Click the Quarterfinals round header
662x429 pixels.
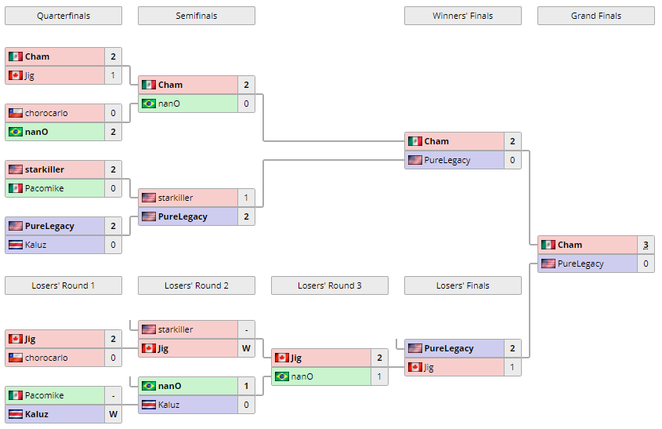pos(63,16)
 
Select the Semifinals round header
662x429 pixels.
pos(196,16)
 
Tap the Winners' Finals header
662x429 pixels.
pos(462,16)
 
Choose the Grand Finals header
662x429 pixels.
pos(595,16)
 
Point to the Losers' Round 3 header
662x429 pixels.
pos(329,285)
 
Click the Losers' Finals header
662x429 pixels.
pos(462,285)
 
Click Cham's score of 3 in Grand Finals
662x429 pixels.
pos(646,245)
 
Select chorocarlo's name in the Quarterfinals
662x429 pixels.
pos(46,113)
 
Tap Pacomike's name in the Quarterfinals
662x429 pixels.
pos(45,188)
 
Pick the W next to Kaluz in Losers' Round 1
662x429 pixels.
pos(113,414)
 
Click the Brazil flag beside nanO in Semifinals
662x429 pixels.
pos(148,104)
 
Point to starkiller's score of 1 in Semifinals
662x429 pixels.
pos(246,198)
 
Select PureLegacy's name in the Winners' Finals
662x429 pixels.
pos(447,160)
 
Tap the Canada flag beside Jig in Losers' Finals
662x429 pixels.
pos(414,367)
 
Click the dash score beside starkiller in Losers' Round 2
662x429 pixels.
pos(246,329)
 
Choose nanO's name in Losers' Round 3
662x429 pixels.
pos(302,376)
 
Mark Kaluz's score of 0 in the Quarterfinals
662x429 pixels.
pos(113,245)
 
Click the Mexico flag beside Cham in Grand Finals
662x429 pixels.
pos(548,245)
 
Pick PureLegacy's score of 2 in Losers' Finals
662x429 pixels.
pos(512,348)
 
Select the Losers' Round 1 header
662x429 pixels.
pos(63,285)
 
